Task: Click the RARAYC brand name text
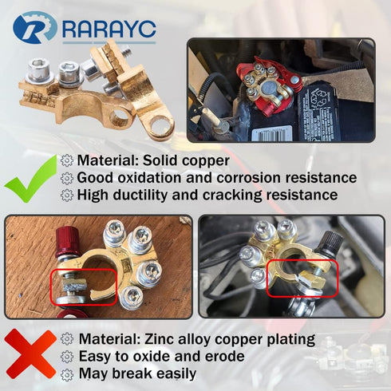[109, 29]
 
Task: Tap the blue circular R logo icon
[34, 28]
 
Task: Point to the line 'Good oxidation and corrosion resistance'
[215, 178]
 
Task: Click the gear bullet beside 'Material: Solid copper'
[66, 160]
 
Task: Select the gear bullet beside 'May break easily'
[66, 373]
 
